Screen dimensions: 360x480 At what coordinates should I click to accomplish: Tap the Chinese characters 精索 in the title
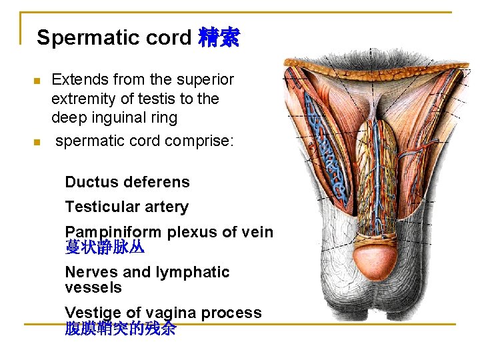219,37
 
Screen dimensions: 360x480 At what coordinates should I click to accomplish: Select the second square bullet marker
37,142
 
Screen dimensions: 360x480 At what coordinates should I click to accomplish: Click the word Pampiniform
112,233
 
